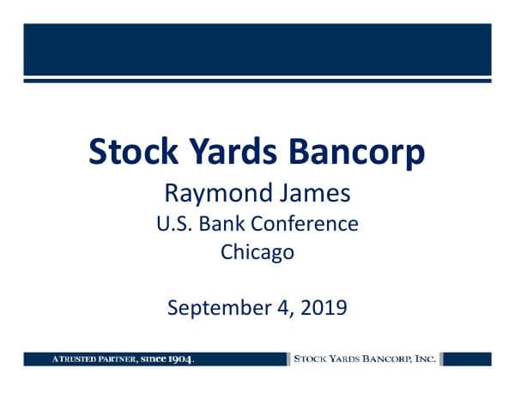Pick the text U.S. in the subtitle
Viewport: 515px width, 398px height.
pos(174,225)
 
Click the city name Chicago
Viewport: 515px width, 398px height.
pos(257,253)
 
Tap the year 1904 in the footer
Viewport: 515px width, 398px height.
pos(178,359)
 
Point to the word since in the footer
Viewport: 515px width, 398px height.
pos(149,359)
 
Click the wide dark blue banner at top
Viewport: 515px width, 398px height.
pos(257,50)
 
